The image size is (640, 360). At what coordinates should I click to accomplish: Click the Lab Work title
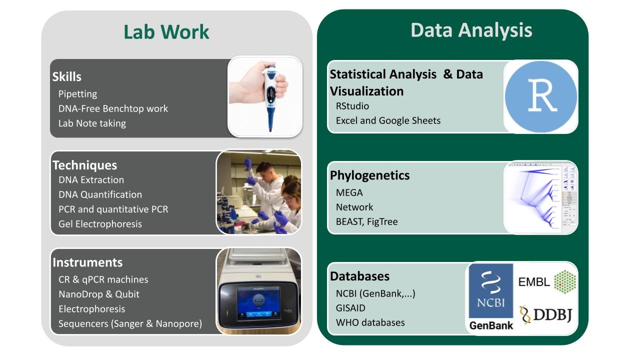[x=166, y=32]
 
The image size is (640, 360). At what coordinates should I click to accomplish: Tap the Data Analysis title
[x=471, y=30]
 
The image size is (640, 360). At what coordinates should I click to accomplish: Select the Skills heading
[x=67, y=77]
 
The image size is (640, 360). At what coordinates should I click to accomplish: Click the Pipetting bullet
[x=77, y=94]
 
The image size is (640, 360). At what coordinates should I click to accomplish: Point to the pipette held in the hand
[x=270, y=95]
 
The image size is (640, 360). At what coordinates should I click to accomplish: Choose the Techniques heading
[x=84, y=165]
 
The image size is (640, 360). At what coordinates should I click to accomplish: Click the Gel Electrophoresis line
[x=100, y=224]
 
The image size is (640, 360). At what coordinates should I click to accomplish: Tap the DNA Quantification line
[x=100, y=194]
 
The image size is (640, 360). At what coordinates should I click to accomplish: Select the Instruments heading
[x=87, y=262]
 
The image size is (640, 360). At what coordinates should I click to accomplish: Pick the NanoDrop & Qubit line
[x=99, y=294]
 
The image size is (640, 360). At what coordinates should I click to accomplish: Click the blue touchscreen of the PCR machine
[x=258, y=299]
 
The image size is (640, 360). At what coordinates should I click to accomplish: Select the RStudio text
[x=352, y=106]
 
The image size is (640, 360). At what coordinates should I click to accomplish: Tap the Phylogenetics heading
[x=369, y=175]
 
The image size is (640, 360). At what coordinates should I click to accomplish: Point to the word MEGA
[x=349, y=192]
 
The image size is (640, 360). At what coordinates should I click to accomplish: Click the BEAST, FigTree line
[x=366, y=221]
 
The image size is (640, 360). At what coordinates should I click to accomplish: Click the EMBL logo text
[x=534, y=282]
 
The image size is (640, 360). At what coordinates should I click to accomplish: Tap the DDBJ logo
[x=546, y=314]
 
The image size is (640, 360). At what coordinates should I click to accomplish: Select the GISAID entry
[x=350, y=308]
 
